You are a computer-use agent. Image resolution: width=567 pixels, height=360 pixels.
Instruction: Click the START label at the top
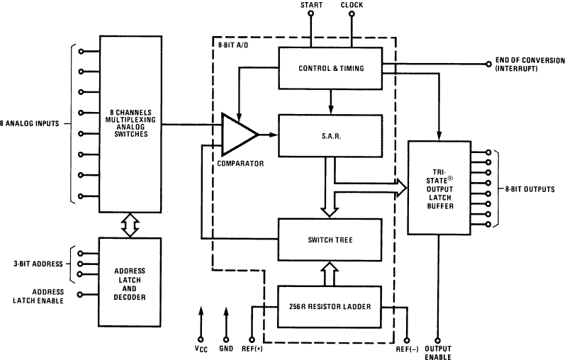click(x=312, y=6)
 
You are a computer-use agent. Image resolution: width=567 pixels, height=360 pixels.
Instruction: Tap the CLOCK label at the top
click(x=352, y=6)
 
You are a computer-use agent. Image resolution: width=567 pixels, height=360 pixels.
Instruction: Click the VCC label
click(x=201, y=349)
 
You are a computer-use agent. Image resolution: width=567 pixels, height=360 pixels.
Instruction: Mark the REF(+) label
click(x=253, y=349)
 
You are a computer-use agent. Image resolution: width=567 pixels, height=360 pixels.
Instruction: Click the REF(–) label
click(x=408, y=349)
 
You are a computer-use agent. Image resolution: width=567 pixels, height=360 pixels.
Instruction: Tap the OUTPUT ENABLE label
click(x=438, y=351)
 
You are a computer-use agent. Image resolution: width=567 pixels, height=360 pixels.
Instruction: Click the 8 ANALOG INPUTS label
click(x=31, y=123)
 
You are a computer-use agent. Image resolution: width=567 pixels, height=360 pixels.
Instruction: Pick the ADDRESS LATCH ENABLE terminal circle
click(x=81, y=295)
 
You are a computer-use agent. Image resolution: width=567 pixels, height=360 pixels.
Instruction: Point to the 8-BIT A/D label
click(x=232, y=46)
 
